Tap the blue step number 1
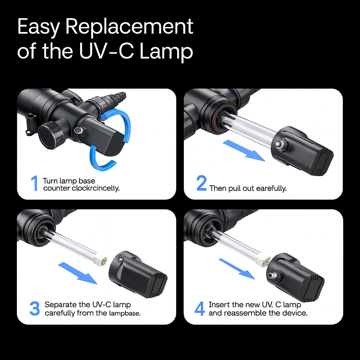coord(34,184)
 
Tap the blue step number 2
coord(201,184)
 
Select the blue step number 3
coord(34,308)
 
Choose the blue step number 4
coord(200,308)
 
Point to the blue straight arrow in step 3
coord(77,273)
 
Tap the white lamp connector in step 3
coord(102,261)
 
